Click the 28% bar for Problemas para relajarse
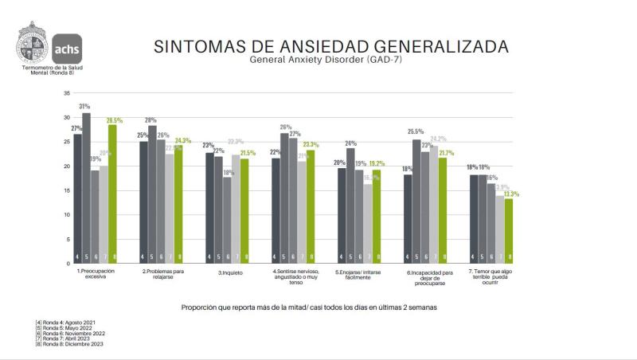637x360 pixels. coord(152,194)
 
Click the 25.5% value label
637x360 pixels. coord(416,132)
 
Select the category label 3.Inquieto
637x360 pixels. coord(229,272)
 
